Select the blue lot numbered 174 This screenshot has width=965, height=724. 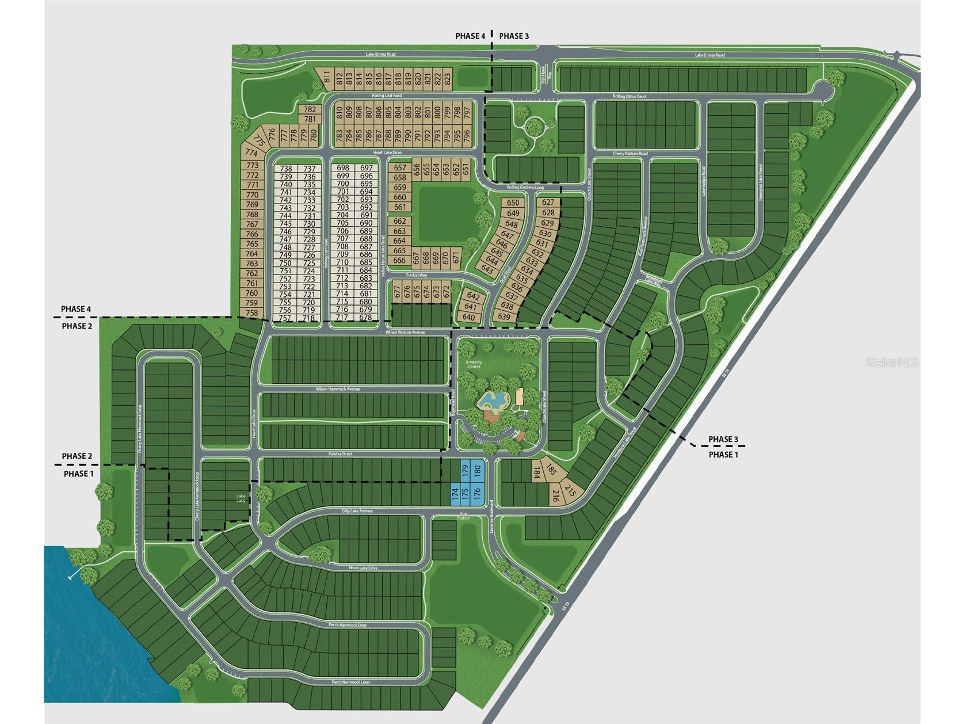tap(455, 494)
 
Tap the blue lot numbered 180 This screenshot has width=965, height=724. tap(476, 471)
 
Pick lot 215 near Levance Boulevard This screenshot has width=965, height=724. tap(570, 490)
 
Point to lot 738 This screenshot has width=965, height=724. tap(286, 169)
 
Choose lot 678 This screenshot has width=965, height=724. tap(366, 318)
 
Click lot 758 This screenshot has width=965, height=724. tap(252, 313)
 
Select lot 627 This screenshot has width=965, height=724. tap(548, 203)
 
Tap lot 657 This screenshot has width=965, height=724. tap(400, 168)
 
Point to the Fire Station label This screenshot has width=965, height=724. tap(464, 516)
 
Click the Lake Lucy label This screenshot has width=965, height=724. tap(241, 498)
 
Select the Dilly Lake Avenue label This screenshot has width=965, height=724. tap(357, 511)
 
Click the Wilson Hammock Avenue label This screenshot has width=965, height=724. tap(338, 389)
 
